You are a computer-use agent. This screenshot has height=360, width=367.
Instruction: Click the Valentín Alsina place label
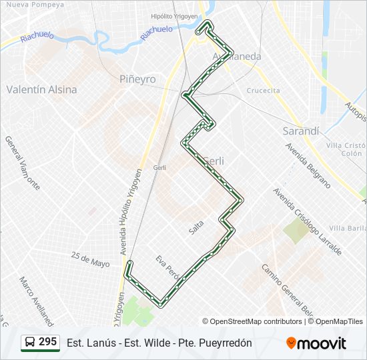tap(41, 89)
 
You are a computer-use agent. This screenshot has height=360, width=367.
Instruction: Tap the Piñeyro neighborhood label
tap(137, 79)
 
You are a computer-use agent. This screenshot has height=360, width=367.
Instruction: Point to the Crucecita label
tap(263, 91)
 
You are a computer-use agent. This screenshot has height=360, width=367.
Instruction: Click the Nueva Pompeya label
tap(35, 5)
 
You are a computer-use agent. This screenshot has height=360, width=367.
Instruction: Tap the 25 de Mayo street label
tap(90, 259)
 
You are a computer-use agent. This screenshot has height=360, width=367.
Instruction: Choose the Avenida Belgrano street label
tap(308, 164)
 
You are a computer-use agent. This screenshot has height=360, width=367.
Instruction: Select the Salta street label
tap(196, 227)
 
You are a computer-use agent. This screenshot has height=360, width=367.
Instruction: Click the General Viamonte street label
tap(22, 163)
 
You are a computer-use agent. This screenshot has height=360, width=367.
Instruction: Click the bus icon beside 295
tap(30, 343)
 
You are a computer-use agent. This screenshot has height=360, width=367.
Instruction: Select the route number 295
tap(47, 342)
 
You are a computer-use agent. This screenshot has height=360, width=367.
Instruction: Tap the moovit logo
tap(316, 343)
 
